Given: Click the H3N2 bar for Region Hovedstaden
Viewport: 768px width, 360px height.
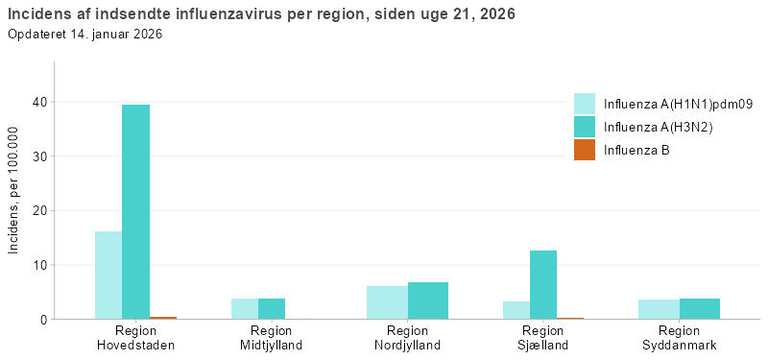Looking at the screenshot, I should (135, 211).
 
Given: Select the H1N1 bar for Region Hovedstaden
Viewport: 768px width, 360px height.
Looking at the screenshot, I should (108, 275).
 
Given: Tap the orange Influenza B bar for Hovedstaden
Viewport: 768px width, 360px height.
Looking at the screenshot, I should (163, 317).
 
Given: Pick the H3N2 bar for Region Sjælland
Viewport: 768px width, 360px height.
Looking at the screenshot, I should (543, 284).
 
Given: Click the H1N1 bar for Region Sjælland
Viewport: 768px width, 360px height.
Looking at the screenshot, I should (516, 310).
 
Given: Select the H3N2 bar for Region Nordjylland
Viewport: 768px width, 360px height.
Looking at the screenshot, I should (428, 300).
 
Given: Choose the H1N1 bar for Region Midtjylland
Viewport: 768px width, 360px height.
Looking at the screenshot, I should (245, 308).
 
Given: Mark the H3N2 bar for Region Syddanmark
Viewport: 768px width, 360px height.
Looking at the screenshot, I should (700, 308).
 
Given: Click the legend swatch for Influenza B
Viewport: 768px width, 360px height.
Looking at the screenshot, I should (585, 150).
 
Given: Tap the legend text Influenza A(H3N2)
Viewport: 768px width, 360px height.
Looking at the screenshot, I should (658, 127).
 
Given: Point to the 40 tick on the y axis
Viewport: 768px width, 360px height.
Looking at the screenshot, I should (41, 102).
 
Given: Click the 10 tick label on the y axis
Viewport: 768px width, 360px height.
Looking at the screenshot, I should (41, 265).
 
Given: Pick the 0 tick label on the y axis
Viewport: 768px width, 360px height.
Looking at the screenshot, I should (45, 319).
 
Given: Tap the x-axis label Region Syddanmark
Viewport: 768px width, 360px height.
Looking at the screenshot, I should (680, 338).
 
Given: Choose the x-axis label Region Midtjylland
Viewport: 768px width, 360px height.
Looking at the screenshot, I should (272, 338).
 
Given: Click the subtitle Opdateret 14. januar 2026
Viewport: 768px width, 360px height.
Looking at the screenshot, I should (84, 35).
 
